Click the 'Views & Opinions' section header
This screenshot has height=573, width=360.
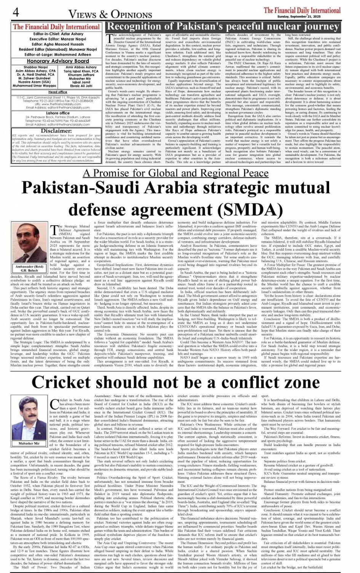click(x=110, y=14)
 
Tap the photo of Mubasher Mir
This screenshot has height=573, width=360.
click(x=29, y=415)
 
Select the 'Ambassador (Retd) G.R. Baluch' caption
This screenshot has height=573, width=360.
click(x=29, y=268)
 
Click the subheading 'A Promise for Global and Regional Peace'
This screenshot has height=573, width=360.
click(x=176, y=173)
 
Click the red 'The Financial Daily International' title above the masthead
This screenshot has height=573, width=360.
click(x=56, y=27)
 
